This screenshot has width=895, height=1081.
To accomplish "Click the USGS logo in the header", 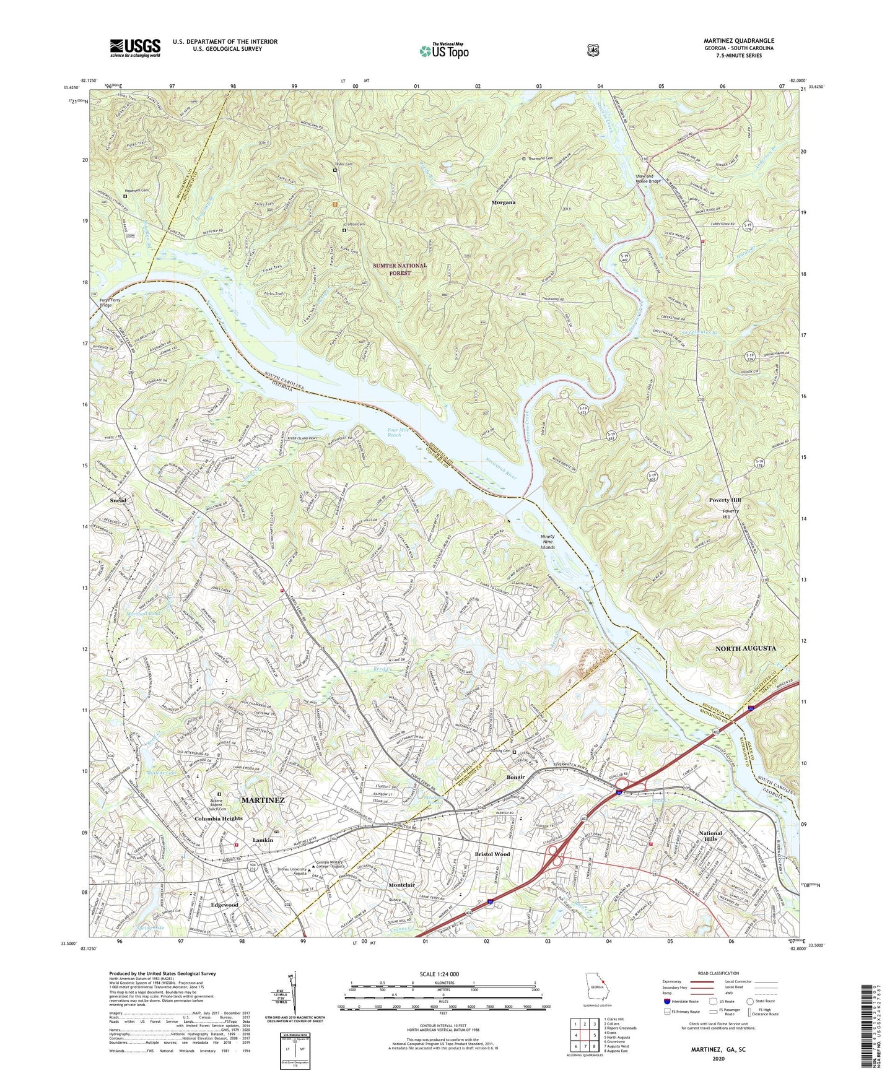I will coord(135,48).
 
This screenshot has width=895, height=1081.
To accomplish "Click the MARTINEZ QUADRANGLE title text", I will coord(738,41).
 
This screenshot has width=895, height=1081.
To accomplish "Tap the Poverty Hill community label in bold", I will coord(725,500).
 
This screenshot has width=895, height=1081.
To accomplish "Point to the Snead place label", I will coord(118,500).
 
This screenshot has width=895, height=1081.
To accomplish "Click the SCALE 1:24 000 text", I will coord(441,974).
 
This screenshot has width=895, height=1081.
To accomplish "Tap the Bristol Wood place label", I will coord(492,854).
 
